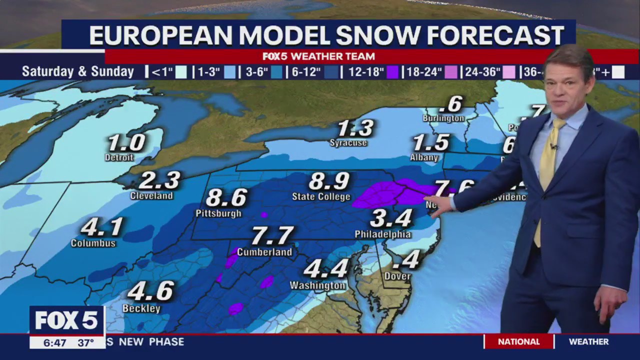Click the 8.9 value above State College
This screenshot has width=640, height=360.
click(x=329, y=181)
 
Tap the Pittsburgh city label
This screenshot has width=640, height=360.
click(x=218, y=213)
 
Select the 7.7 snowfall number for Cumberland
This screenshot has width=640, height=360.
click(x=272, y=236)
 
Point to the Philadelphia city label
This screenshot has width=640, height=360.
click(x=383, y=234)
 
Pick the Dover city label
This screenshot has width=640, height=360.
click(x=397, y=276)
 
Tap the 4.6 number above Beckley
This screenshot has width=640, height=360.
click(x=150, y=291)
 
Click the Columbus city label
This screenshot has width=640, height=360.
click(x=93, y=243)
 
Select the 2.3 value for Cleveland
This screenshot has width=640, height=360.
click(x=159, y=180)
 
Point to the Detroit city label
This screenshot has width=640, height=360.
click(x=119, y=157)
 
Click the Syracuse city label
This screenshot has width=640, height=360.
click(x=348, y=143)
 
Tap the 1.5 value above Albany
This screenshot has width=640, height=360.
click(x=430, y=143)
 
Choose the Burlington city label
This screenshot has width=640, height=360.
click(x=443, y=118)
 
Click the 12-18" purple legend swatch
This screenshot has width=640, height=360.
click(x=393, y=72)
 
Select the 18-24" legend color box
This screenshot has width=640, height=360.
click(x=452, y=72)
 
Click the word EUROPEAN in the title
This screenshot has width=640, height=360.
click(x=161, y=35)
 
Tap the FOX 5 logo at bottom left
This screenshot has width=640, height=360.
click(x=66, y=320)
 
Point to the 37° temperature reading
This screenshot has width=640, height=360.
click(x=85, y=342)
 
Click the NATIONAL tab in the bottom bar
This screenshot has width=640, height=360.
click(x=518, y=342)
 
